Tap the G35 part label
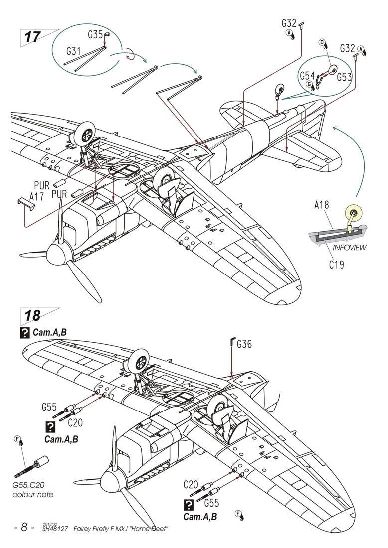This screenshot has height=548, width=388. (x=95, y=35)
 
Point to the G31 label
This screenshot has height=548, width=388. (x=74, y=51)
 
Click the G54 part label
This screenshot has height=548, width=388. (x=307, y=76)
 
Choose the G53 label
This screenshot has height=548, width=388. (x=344, y=77)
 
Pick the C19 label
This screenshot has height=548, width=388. (x=336, y=265)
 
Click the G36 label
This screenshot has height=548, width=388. (x=245, y=344)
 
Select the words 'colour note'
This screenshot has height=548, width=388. (x=33, y=495)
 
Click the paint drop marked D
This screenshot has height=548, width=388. (x=323, y=44)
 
